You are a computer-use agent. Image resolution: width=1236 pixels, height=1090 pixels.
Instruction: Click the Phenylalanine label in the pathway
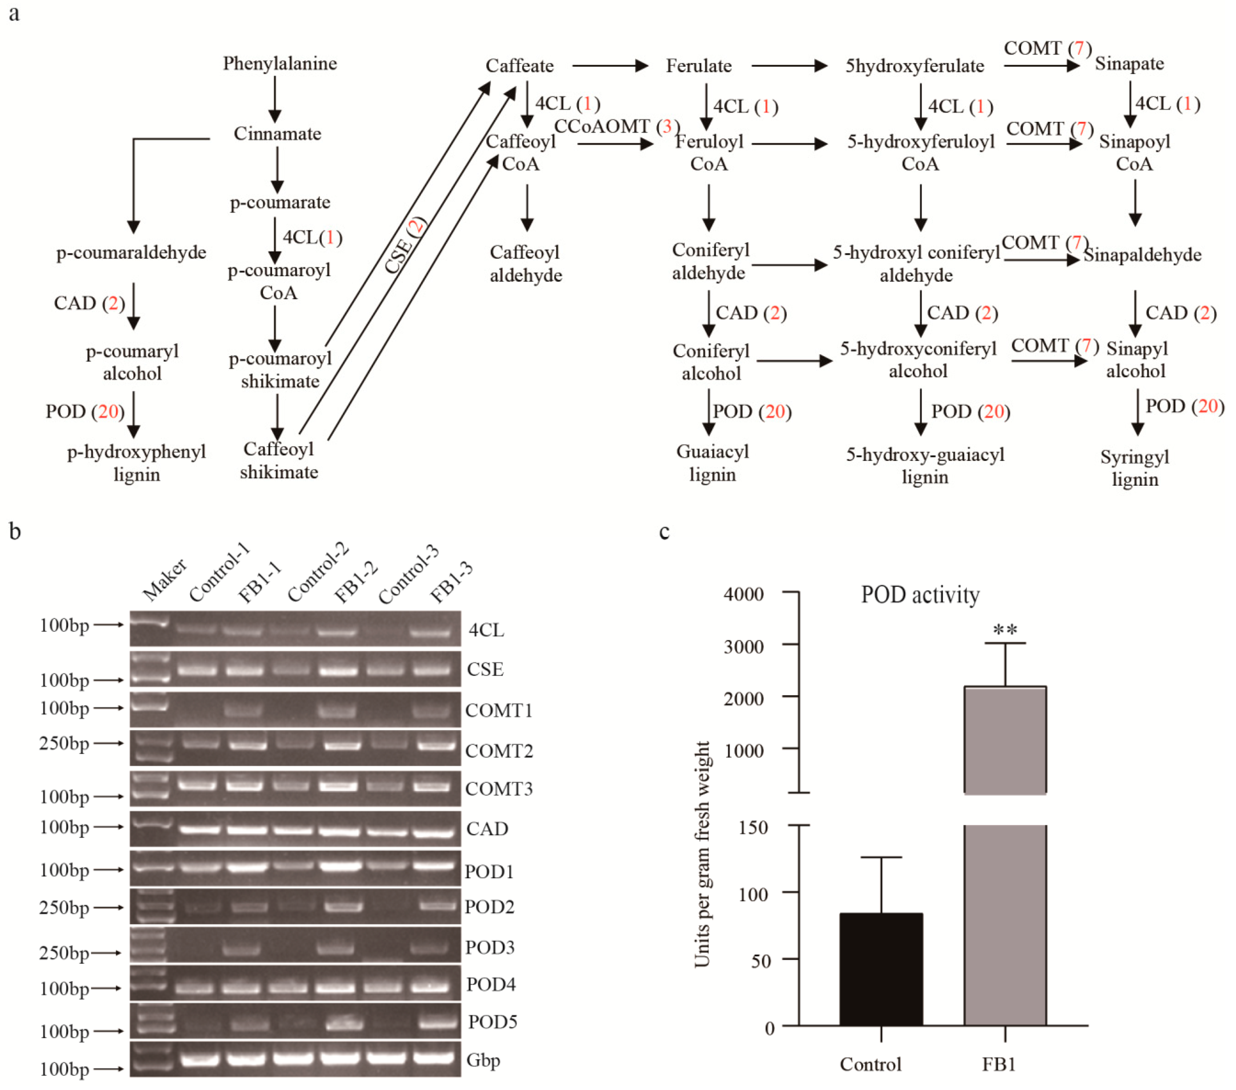point(280,64)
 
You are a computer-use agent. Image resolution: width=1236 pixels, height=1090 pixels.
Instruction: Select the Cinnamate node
point(278,134)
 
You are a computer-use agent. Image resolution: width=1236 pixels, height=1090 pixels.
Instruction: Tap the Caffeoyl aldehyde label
point(525,264)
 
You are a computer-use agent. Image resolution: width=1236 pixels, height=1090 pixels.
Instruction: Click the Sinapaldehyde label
point(1142,255)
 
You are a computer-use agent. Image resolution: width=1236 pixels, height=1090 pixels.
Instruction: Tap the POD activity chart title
point(920,595)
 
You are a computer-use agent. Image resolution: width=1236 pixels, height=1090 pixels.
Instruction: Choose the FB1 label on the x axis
point(998,1064)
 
